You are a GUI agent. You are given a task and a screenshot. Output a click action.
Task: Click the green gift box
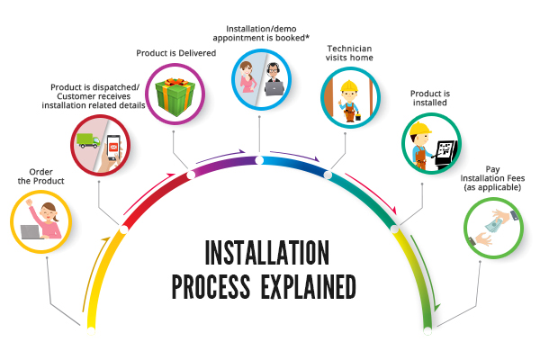(175, 96)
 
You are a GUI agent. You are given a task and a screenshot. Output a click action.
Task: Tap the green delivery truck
(88, 140)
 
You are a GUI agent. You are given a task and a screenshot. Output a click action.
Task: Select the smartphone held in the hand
(113, 148)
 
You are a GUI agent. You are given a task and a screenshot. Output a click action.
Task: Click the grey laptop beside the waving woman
(31, 232)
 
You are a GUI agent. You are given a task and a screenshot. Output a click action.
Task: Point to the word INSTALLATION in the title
(267, 253)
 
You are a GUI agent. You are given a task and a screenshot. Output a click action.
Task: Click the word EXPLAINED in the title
(308, 286)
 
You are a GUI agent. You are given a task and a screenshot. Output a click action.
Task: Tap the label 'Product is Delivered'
(176, 53)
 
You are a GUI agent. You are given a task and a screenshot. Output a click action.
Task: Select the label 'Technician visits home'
(349, 53)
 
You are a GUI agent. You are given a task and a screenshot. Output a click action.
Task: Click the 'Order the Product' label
(41, 176)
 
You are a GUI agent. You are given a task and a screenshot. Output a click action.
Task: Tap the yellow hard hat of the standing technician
(349, 85)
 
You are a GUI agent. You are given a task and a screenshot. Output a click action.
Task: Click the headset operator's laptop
(274, 88)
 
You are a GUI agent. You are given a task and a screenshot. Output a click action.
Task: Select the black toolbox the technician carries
(358, 117)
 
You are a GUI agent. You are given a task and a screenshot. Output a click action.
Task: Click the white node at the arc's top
(259, 160)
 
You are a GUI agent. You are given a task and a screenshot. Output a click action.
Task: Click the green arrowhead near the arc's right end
(436, 307)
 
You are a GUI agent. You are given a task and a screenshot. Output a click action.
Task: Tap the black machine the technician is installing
(446, 154)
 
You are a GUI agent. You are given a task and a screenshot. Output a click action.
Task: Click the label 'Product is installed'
(430, 98)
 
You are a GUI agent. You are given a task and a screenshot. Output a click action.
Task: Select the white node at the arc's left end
(91, 331)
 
